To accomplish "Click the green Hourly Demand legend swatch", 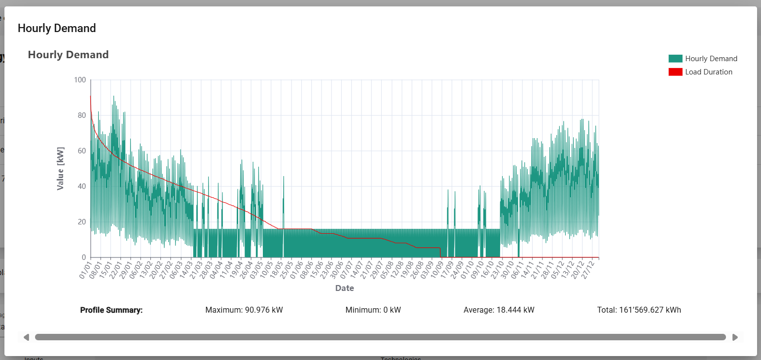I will point(675,58).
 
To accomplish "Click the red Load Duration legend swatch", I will point(675,72).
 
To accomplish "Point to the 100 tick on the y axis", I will point(79,80).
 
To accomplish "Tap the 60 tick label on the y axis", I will point(81,151).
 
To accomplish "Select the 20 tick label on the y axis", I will point(81,222).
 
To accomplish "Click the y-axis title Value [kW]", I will point(61,169).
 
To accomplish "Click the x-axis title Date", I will point(344,288).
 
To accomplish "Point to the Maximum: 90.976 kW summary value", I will point(244,310).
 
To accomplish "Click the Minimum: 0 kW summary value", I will point(373,310).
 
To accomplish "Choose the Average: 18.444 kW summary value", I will point(499,310).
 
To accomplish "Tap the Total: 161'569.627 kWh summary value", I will point(639,310).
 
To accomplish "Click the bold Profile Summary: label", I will point(111,310).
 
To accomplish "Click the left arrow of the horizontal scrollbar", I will point(26,337).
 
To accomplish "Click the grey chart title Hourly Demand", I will point(68,55).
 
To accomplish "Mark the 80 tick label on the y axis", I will point(81,115).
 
